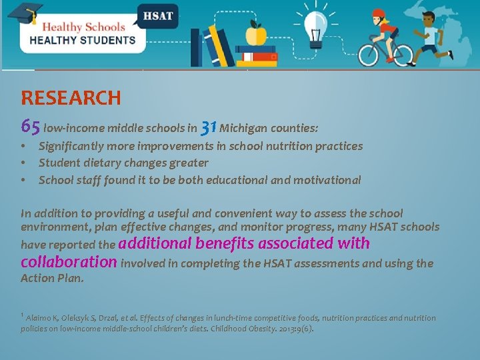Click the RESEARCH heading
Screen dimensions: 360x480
71,98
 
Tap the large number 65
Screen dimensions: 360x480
31,125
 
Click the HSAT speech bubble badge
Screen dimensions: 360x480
157,15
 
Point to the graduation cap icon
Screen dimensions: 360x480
25,13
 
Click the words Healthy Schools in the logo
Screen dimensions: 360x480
83,27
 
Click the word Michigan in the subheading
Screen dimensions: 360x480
242,127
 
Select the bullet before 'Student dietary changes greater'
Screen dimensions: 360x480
23,163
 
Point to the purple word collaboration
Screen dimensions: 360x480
69,261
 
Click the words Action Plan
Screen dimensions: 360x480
52,278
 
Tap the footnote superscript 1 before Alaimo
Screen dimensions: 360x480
23,315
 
